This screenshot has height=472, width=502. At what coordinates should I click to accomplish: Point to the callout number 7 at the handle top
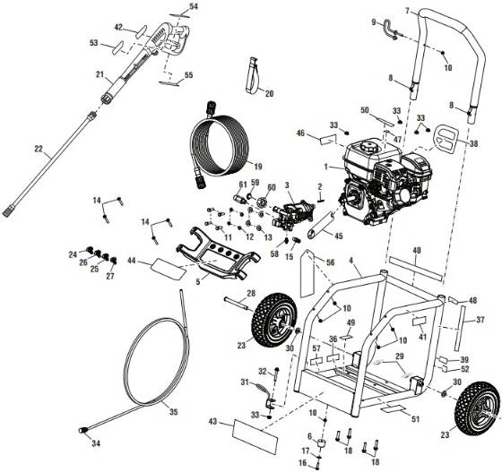pyautogui.click(x=407, y=11)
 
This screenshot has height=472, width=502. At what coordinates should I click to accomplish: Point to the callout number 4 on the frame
pyautogui.click(x=355, y=262)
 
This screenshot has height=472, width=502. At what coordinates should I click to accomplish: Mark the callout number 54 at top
pyautogui.click(x=195, y=6)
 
